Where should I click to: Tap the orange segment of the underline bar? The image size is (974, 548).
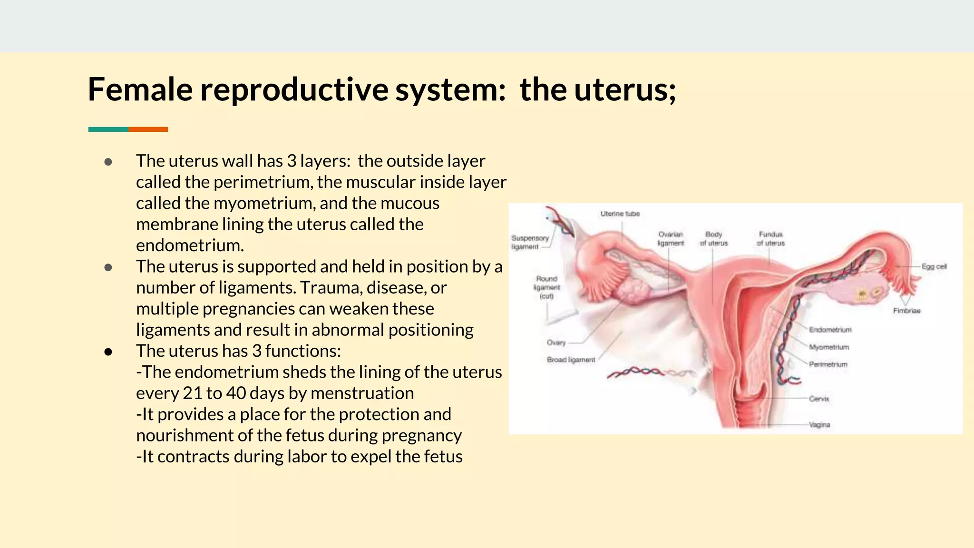click(x=148, y=129)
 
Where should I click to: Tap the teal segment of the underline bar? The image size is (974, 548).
click(x=108, y=129)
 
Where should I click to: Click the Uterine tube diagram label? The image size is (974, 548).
click(x=620, y=214)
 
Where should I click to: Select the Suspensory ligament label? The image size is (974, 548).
click(x=529, y=242)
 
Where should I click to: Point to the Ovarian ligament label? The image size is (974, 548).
click(x=671, y=239)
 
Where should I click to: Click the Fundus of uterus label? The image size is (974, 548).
click(x=770, y=239)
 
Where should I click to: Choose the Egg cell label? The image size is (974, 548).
click(x=934, y=267)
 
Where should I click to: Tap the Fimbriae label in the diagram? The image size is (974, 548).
click(x=906, y=311)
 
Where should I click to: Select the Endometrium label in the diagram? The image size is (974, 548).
click(x=830, y=330)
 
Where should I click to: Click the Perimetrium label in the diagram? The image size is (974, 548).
click(x=828, y=364)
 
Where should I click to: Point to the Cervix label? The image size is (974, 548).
click(x=819, y=399)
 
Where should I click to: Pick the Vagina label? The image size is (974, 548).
click(x=819, y=424)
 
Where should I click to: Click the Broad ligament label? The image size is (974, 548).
click(x=571, y=360)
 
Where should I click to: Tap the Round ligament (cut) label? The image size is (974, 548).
click(x=546, y=287)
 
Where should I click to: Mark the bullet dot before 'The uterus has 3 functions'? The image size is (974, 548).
click(x=108, y=352)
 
